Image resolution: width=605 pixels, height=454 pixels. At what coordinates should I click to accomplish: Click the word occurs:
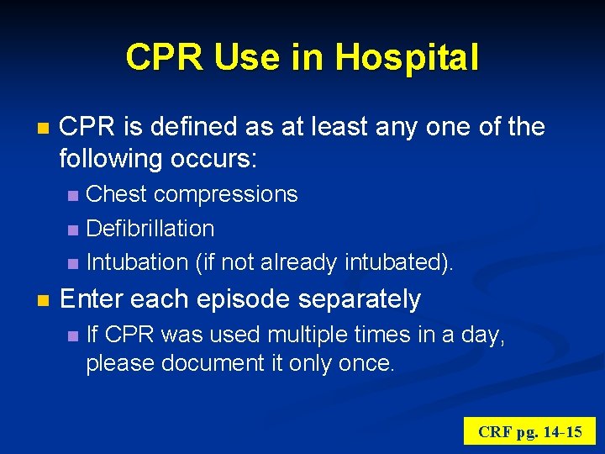pos(219,158)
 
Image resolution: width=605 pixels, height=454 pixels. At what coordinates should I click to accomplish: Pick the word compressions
pos(226,194)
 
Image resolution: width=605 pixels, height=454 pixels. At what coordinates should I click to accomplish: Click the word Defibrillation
pos(150,228)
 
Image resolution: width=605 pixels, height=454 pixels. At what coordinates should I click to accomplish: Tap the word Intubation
pos(137,262)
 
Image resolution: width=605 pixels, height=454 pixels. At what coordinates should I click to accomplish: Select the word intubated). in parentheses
pos(399,262)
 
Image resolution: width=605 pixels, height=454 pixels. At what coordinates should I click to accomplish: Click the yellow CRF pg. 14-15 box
pos(529,432)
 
